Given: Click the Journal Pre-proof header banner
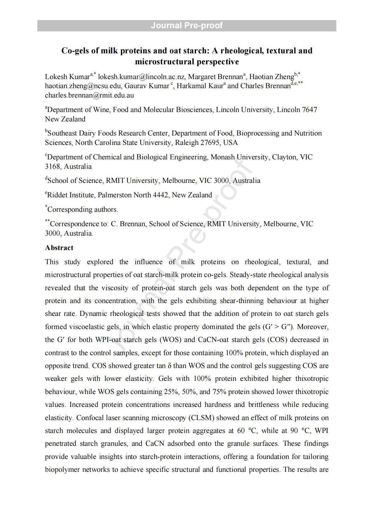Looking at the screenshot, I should pos(187,25).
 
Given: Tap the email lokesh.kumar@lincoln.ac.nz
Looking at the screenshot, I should pos(141,77).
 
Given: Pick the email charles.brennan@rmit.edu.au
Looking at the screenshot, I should pos(89,95).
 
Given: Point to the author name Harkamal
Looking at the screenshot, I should pos(191,86).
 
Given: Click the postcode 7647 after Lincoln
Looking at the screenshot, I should pos(309,110).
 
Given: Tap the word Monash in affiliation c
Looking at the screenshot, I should pos(222,157).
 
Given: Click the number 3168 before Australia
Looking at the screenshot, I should pos(52,167).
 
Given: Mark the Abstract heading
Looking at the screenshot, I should pos(59,248).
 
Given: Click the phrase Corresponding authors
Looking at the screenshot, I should pos(83,210).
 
